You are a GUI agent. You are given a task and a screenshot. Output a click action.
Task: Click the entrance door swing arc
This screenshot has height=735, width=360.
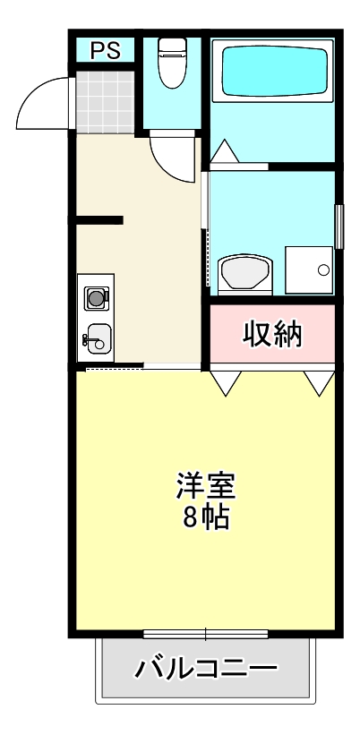[x=43, y=100]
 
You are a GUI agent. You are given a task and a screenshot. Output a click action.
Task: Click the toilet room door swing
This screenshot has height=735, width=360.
[x=172, y=154]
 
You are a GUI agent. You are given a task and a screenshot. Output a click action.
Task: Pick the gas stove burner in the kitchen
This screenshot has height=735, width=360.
[x=96, y=295]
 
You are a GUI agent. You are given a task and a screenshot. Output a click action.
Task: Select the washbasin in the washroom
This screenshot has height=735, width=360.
[x=243, y=272]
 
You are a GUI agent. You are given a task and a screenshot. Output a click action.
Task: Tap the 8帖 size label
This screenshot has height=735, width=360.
[x=205, y=517]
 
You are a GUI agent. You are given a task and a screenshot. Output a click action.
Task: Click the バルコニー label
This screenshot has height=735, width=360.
[x=205, y=668]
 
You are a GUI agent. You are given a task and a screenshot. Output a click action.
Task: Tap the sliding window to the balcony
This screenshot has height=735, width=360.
[x=205, y=635]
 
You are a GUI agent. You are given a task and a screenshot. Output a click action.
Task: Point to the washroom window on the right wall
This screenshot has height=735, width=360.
[x=339, y=226]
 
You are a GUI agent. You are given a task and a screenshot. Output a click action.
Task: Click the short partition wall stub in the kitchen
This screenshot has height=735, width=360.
[x=99, y=219]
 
